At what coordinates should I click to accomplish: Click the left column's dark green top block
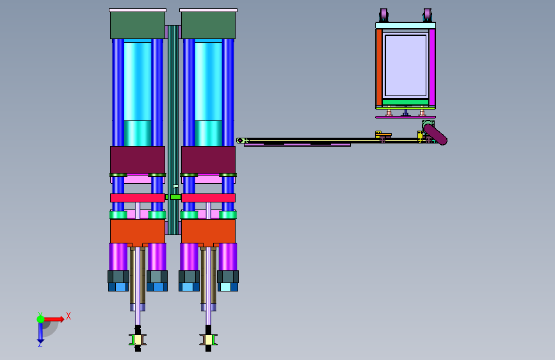click(x=138, y=26)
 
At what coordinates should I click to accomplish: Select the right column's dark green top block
click(x=208, y=26)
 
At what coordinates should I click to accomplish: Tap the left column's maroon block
click(x=138, y=160)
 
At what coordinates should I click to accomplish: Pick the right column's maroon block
click(x=208, y=160)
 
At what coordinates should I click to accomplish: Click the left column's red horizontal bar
click(x=138, y=198)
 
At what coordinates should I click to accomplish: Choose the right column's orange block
click(x=208, y=231)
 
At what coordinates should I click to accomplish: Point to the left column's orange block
click(x=138, y=231)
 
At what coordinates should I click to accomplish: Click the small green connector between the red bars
click(x=175, y=197)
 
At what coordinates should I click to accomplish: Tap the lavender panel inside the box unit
click(x=406, y=65)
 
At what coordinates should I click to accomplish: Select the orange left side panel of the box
click(x=379, y=67)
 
